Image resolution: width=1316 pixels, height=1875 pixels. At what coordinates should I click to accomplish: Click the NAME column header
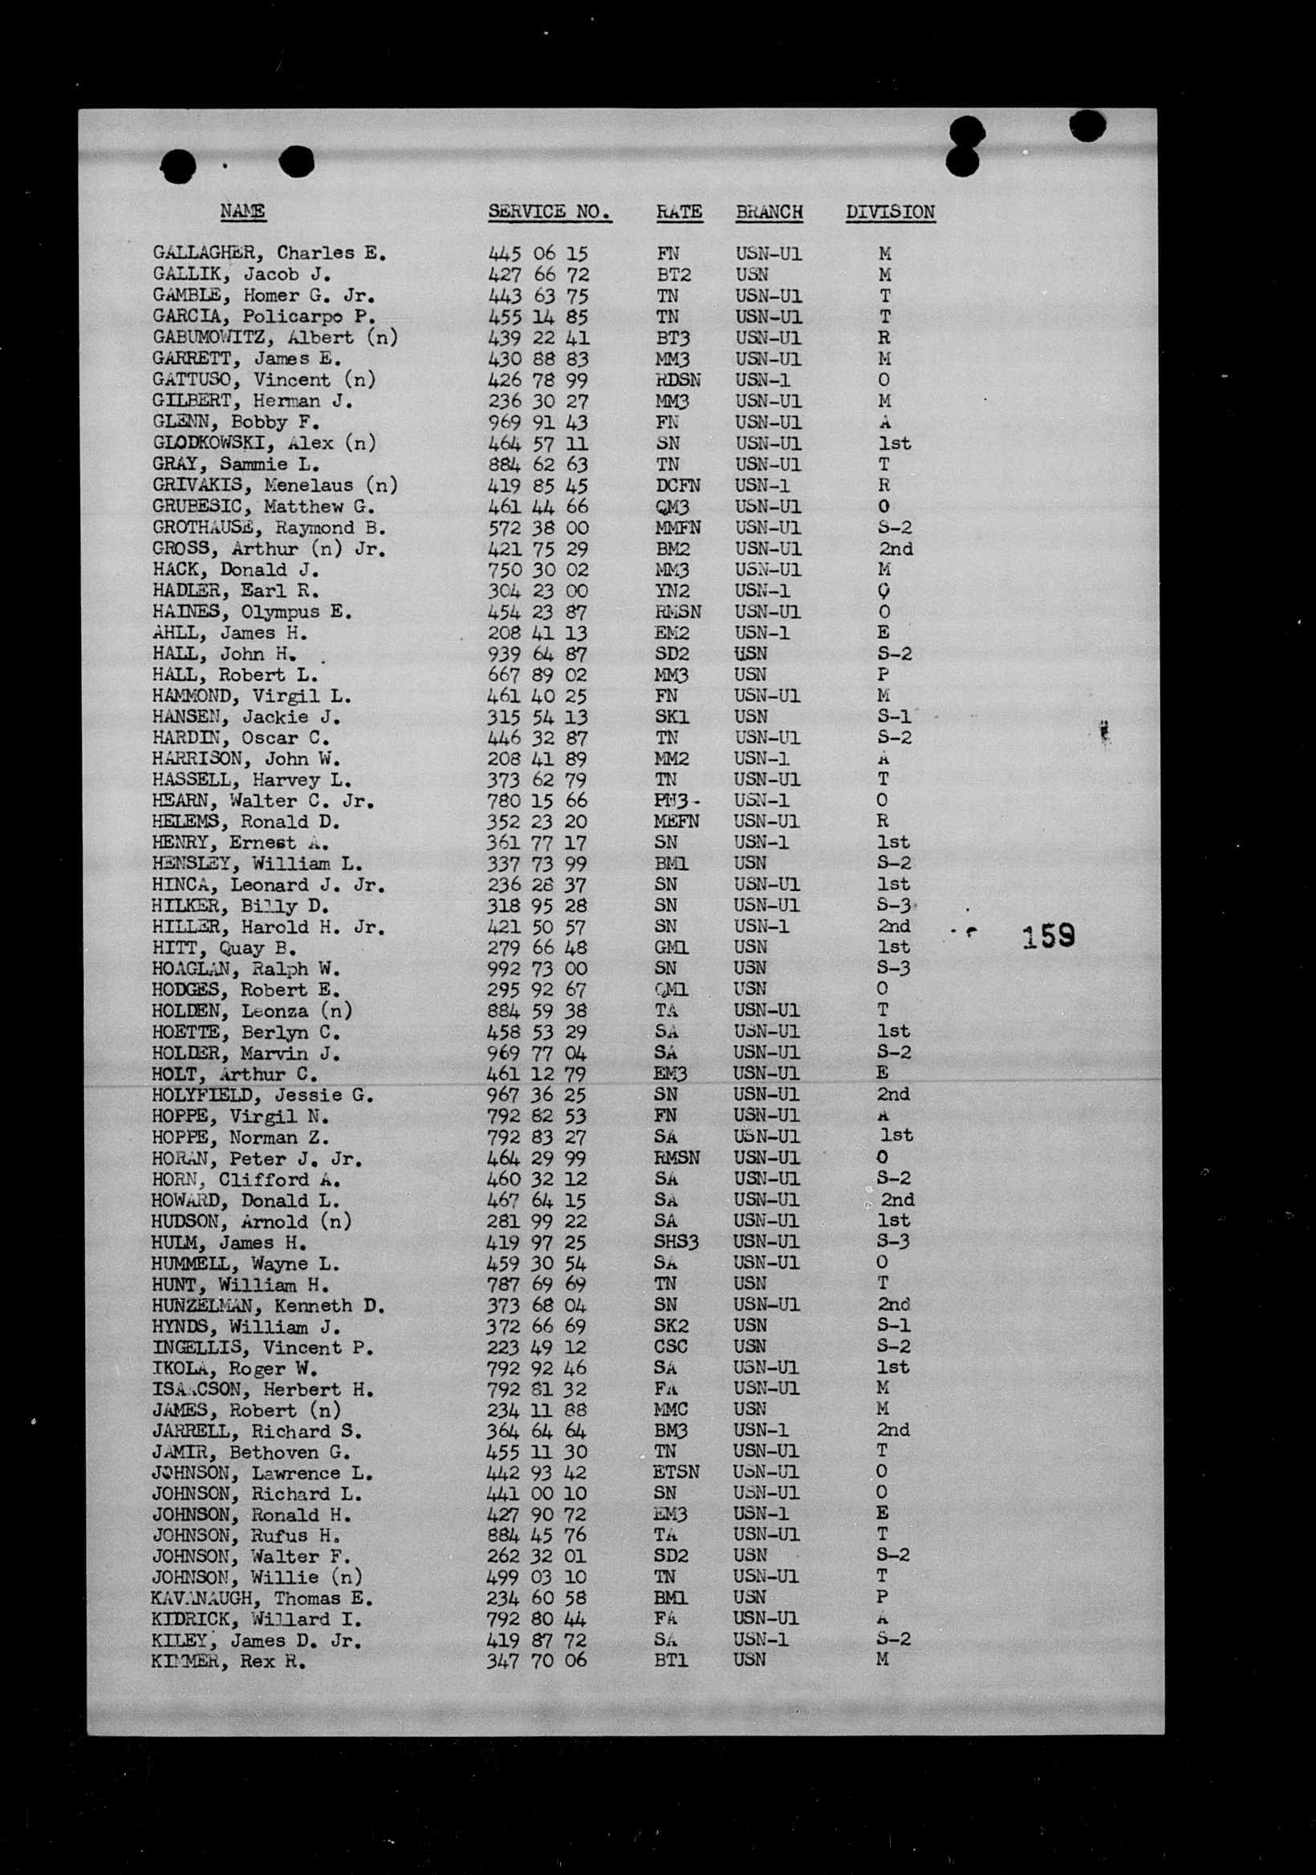(242, 212)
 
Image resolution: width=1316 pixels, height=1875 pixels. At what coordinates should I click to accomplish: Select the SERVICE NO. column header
(550, 212)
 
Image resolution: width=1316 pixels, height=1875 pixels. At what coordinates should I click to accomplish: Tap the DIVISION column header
(890, 212)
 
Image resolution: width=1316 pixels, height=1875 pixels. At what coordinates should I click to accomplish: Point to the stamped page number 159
(1048, 936)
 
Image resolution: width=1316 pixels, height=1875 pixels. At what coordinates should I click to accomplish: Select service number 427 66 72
(538, 274)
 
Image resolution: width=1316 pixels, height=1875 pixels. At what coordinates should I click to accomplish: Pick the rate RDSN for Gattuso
(678, 380)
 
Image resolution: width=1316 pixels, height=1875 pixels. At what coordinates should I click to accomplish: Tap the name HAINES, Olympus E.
(252, 612)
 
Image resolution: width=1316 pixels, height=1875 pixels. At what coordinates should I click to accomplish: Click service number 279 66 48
(537, 947)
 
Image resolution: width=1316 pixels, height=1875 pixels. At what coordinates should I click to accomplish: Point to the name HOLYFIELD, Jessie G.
(262, 1095)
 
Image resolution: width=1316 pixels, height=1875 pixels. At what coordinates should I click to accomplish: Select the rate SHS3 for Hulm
(676, 1242)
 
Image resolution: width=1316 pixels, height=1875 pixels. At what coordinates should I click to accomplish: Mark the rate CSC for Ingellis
(671, 1347)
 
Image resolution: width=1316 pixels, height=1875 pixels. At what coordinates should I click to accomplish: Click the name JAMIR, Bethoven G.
(250, 1452)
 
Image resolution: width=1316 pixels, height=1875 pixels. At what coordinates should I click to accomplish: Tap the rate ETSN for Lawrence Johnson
(676, 1472)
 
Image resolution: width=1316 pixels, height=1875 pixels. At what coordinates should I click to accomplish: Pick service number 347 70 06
(537, 1660)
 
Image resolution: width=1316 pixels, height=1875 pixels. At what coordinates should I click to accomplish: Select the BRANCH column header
(769, 212)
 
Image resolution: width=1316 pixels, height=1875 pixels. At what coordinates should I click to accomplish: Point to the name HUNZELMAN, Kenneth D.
(268, 1305)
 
